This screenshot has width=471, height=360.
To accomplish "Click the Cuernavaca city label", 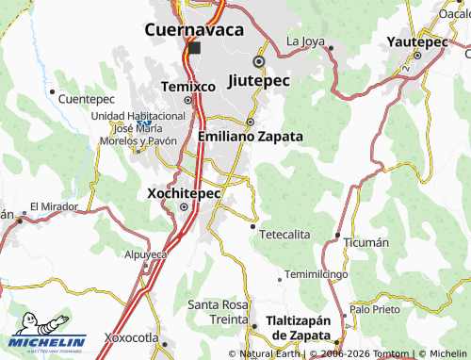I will click(x=193, y=29).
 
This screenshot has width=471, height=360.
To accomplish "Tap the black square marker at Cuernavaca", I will click(x=194, y=48).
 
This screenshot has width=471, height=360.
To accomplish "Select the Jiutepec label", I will click(x=258, y=81).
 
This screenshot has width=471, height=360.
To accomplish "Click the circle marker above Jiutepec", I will click(x=258, y=63).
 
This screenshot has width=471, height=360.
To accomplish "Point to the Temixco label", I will click(x=182, y=86).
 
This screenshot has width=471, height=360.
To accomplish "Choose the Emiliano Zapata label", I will click(x=252, y=137).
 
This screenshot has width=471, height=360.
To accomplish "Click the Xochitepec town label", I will click(x=185, y=193).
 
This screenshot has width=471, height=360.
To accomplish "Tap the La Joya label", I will click(x=305, y=41).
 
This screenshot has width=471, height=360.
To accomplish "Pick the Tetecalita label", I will click(x=284, y=234).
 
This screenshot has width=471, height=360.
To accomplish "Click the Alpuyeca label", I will click(x=146, y=254).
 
